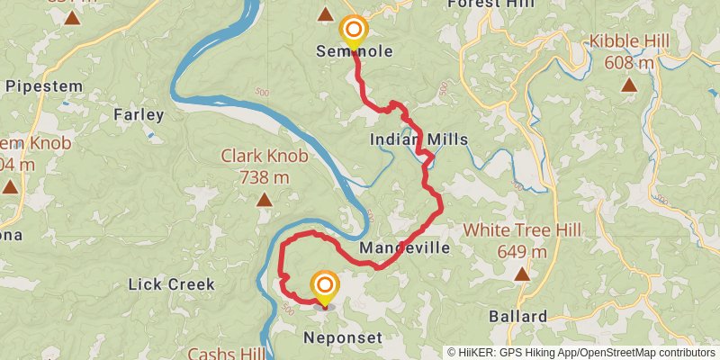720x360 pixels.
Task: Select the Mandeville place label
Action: pyautogui.click(x=404, y=247)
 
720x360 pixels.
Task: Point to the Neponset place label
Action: pyautogui.click(x=342, y=337)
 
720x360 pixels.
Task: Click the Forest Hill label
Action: pyautogui.click(x=487, y=4)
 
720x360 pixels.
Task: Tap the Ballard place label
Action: pyautogui.click(x=518, y=316)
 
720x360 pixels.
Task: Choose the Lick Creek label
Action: pyautogui.click(x=171, y=284)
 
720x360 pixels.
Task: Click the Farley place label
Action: pyautogui.click(x=139, y=114)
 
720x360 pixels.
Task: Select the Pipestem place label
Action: pyautogui.click(x=44, y=86)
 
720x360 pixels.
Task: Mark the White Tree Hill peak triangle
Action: pyautogui.click(x=521, y=273)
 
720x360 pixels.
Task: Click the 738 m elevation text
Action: pyautogui.click(x=265, y=177)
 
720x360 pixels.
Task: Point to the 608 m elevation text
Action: pyautogui.click(x=629, y=63)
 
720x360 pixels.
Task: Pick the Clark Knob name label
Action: pyautogui.click(x=265, y=157)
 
